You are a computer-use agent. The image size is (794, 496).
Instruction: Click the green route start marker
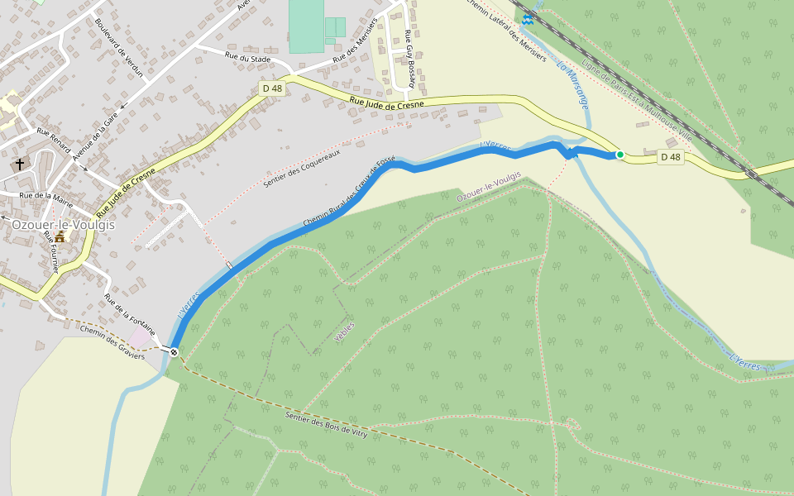tap(619, 155)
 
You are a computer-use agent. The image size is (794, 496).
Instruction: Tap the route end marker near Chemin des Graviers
tap(174, 352)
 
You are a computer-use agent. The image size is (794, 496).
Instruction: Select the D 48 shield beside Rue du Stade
tap(272, 88)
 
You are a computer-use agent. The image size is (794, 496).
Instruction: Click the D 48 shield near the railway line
tap(670, 157)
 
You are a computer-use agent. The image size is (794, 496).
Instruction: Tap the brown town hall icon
tap(60, 237)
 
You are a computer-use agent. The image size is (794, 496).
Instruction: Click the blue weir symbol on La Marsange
tap(527, 19)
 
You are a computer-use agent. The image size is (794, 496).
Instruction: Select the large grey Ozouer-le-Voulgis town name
tap(63, 224)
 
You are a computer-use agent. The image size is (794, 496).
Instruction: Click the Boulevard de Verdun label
tap(119, 48)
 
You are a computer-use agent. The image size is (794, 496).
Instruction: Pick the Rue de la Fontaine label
tap(129, 312)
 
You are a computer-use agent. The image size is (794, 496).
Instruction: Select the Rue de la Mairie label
tap(46, 199)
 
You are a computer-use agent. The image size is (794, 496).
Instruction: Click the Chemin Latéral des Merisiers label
tap(505, 30)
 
